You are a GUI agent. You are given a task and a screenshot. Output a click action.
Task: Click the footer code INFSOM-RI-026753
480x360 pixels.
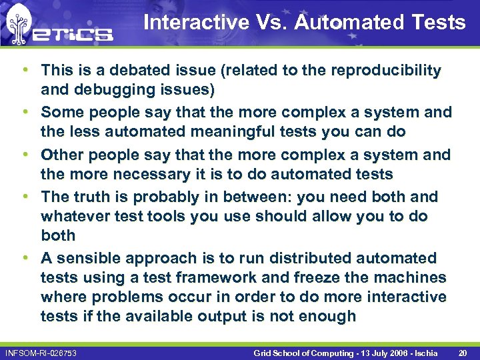point(41,352)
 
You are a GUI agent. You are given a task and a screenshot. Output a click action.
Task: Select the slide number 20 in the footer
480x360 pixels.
point(464,351)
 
